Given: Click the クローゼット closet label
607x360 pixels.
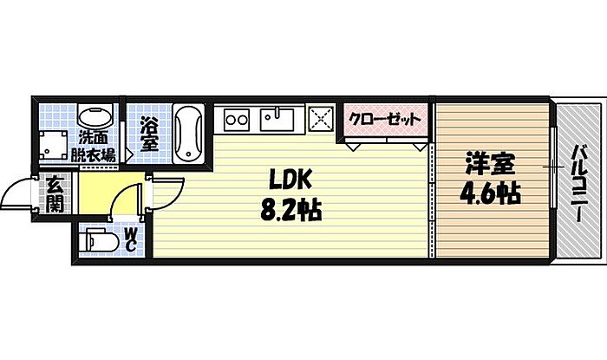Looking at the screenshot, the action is [384, 117].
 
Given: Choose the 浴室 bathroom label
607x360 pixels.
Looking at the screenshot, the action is [149, 134].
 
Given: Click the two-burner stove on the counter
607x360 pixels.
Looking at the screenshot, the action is [234, 117].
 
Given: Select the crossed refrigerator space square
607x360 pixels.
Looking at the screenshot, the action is [321, 117].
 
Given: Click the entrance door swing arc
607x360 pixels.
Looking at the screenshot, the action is [17, 193].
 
